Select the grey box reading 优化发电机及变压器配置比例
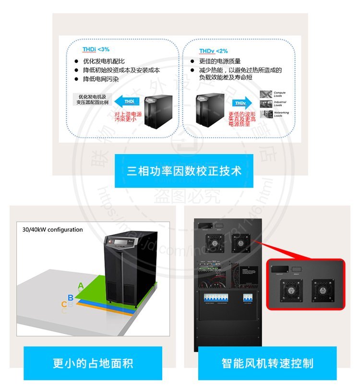[x=93, y=99]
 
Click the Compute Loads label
[x=280, y=94]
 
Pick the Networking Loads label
[x=281, y=114]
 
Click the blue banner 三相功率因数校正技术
[x=184, y=170]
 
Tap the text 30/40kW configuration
[x=53, y=230]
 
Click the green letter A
[x=81, y=286]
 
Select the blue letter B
[x=71, y=298]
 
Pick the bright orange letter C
[x=64, y=304]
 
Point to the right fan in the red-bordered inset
[x=321, y=290]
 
